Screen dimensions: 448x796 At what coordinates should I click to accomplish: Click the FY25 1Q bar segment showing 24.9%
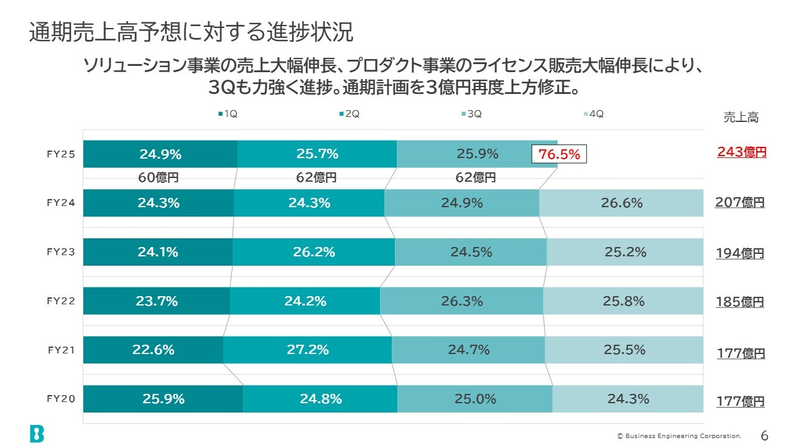[160, 154]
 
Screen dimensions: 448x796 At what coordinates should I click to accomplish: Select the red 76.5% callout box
[559, 154]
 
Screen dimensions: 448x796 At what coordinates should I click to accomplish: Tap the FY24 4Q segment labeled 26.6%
[621, 203]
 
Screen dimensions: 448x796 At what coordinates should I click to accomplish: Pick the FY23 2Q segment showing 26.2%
[313, 252]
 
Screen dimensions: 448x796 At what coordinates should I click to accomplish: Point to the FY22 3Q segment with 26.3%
[461, 301]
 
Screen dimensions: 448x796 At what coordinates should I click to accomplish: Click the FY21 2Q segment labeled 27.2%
[307, 350]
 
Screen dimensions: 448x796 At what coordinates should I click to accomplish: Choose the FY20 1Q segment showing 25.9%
[163, 399]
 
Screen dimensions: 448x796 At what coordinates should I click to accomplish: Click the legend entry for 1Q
[228, 114]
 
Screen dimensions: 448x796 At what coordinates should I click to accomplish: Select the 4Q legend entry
[594, 114]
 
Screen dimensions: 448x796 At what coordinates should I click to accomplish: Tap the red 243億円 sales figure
[741, 152]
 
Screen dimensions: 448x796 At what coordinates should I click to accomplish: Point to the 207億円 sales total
[739, 202]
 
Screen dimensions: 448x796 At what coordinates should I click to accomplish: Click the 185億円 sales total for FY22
[739, 302]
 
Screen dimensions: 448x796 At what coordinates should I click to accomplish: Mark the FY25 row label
[61, 154]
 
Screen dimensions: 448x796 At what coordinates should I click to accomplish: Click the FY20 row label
[61, 399]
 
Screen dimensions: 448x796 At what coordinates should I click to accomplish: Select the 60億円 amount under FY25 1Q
[158, 177]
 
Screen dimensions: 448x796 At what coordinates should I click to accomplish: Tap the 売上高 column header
[741, 117]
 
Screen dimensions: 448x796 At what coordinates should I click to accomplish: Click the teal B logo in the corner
[37, 434]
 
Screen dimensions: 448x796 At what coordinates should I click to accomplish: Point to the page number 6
[765, 435]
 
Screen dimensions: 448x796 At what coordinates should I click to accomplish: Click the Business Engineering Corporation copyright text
[679, 436]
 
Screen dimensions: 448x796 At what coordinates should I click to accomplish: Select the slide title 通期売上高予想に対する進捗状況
[191, 33]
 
